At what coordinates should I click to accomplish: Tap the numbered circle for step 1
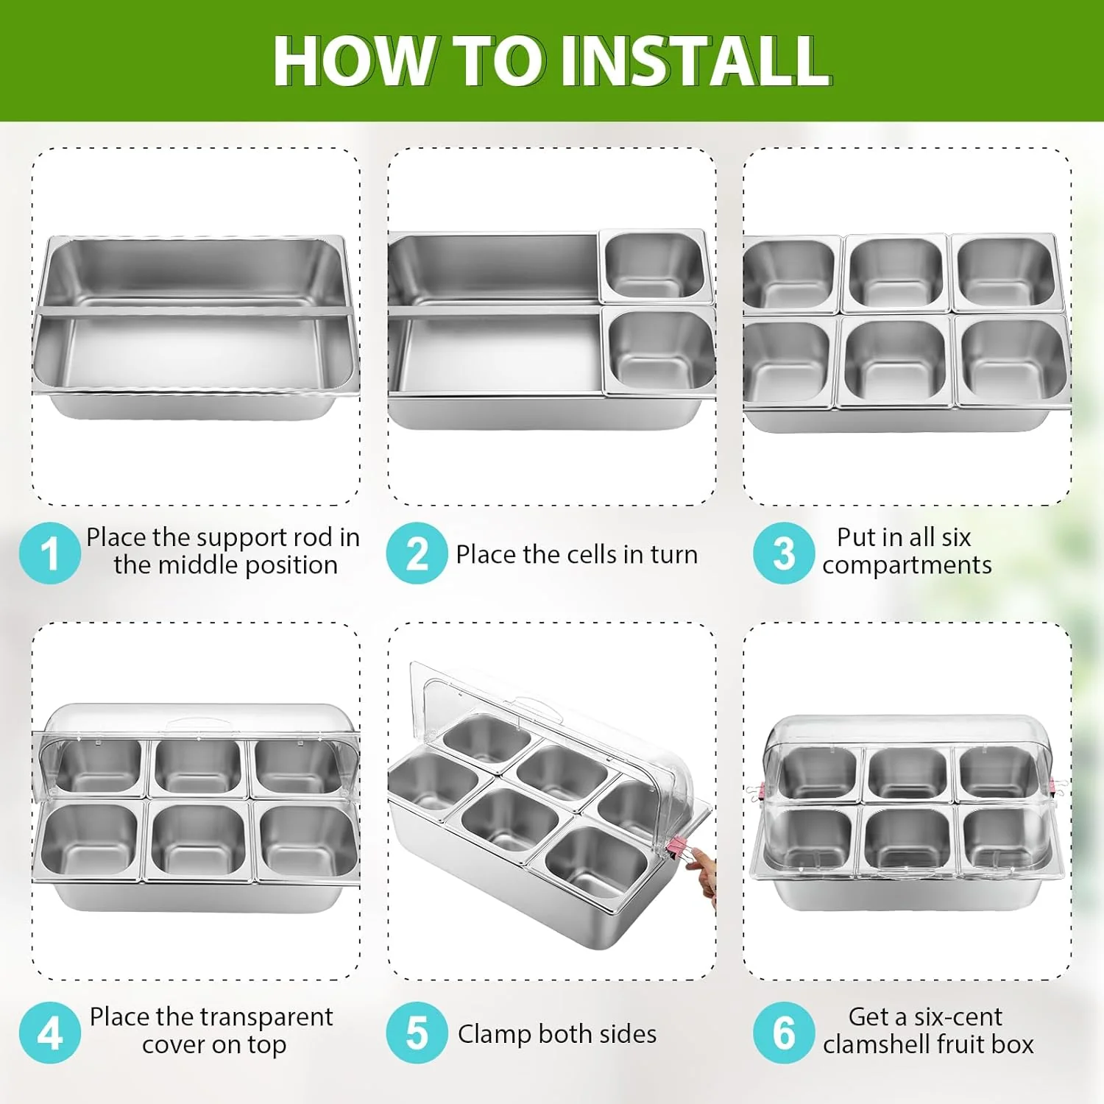click(x=49, y=553)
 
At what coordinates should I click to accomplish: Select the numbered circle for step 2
click(x=417, y=553)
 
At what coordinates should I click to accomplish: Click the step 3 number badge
click(x=783, y=553)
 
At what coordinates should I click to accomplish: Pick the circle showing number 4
click(x=49, y=1033)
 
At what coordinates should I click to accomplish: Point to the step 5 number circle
click(x=417, y=1033)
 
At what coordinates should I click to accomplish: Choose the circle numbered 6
click(x=783, y=1033)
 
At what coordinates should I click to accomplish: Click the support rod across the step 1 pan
click(x=191, y=312)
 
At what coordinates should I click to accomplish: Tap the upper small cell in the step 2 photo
click(x=654, y=266)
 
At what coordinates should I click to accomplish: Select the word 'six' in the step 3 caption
click(x=956, y=537)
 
